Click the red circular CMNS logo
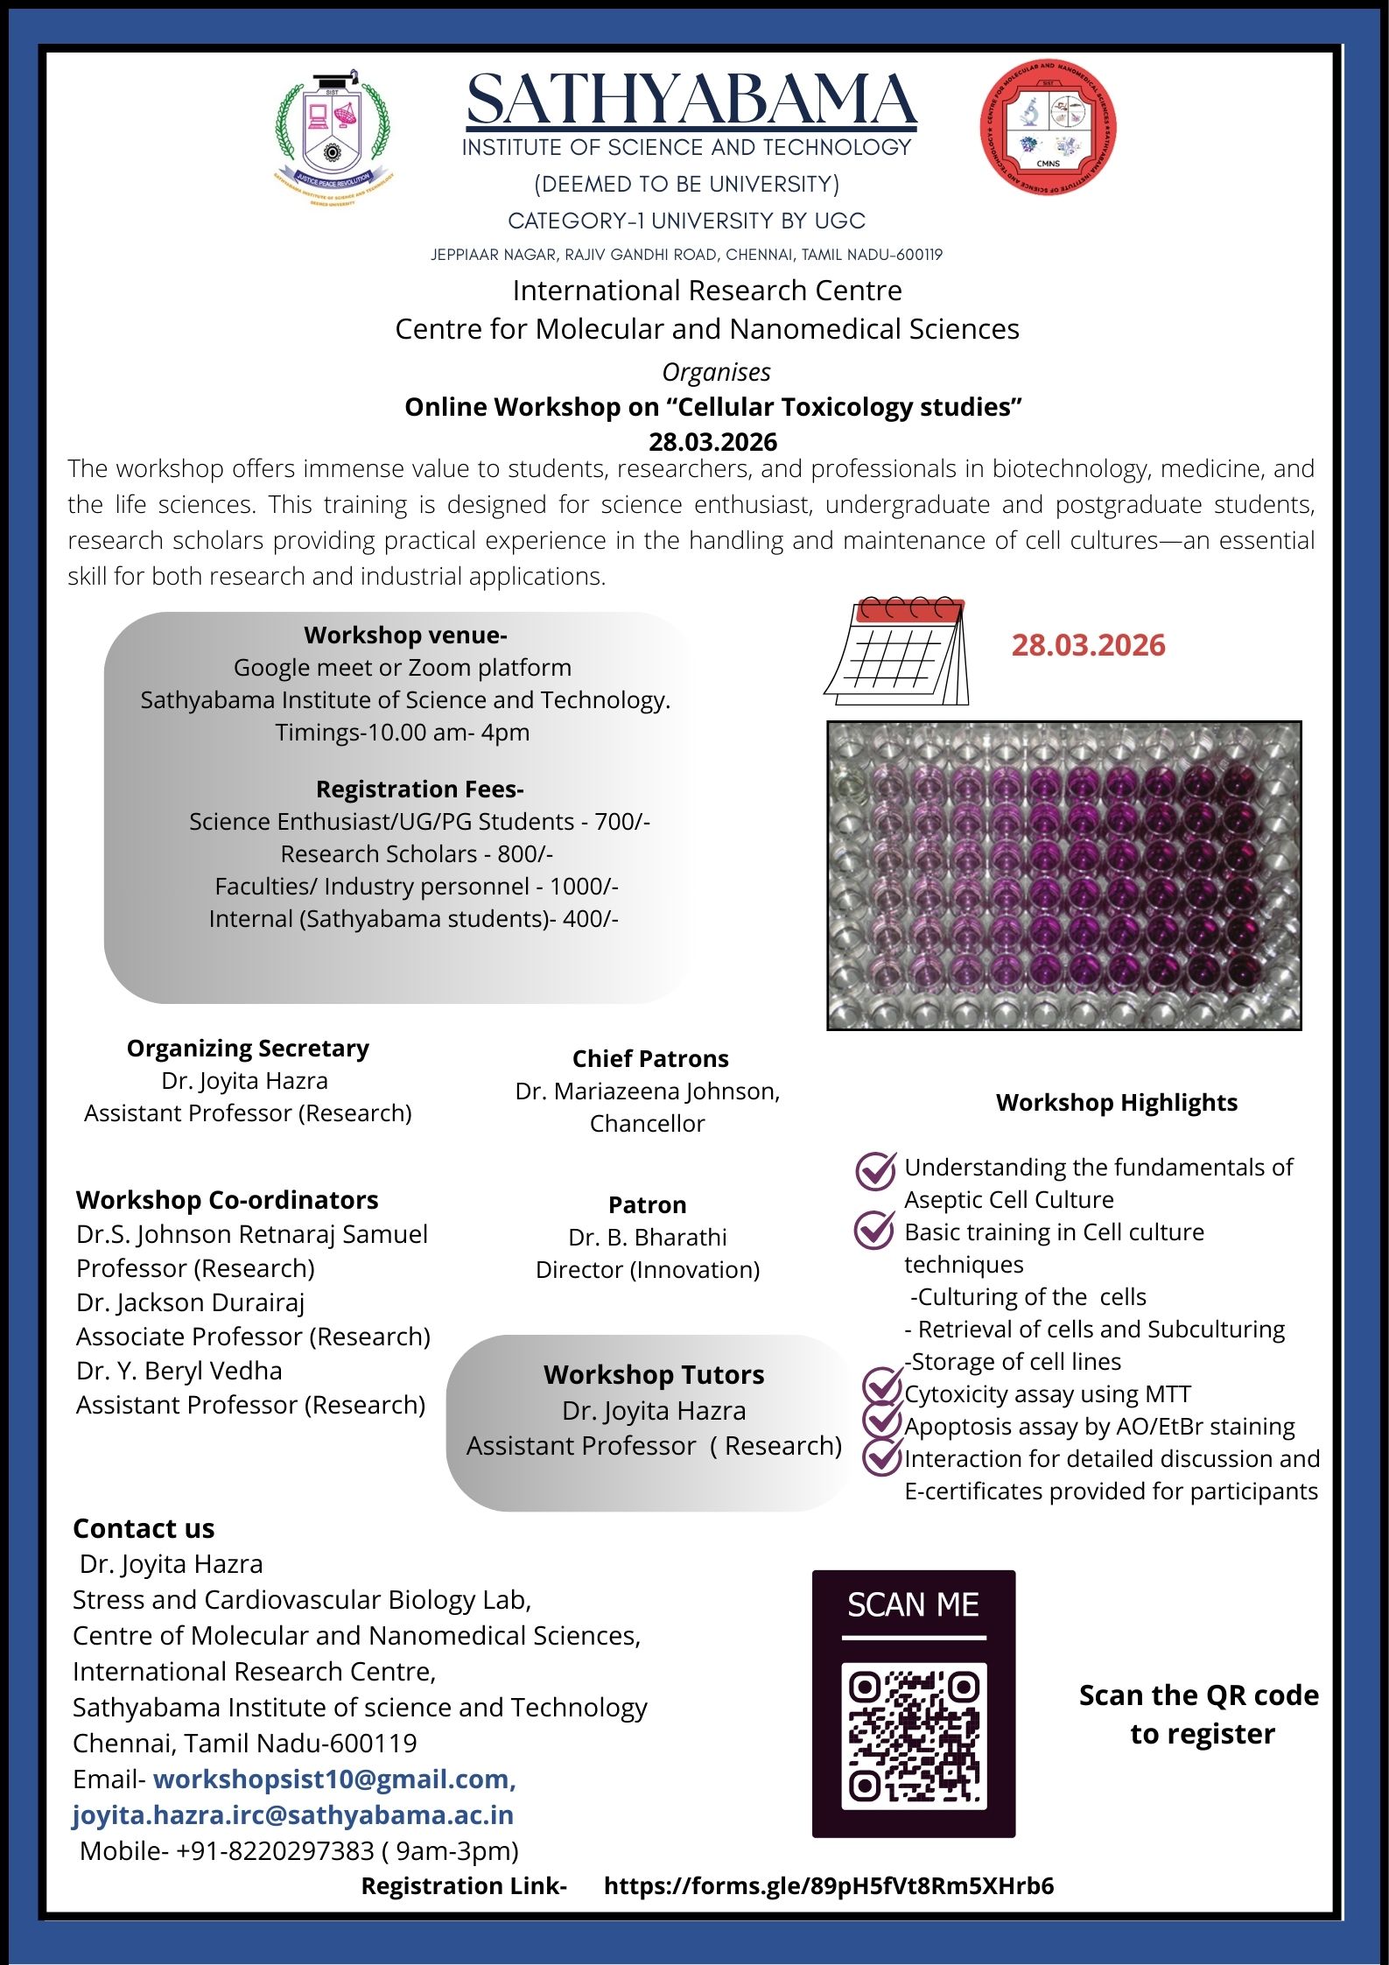pos(1048,128)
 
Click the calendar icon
pos(896,652)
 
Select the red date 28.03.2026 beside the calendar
pos(1088,645)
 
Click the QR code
pos(914,1736)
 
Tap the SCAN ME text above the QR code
pos(913,1604)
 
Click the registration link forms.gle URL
pos(828,1885)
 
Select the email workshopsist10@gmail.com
pos(334,1779)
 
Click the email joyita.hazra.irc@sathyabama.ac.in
pos(293,1815)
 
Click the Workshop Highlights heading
pos(1116,1103)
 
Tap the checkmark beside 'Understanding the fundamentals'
pos(874,1171)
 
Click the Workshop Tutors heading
pos(653,1374)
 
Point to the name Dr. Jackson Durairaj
pos(191,1302)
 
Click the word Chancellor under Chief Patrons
pos(647,1123)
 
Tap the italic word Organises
pos(716,372)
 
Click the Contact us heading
pos(144,1528)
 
